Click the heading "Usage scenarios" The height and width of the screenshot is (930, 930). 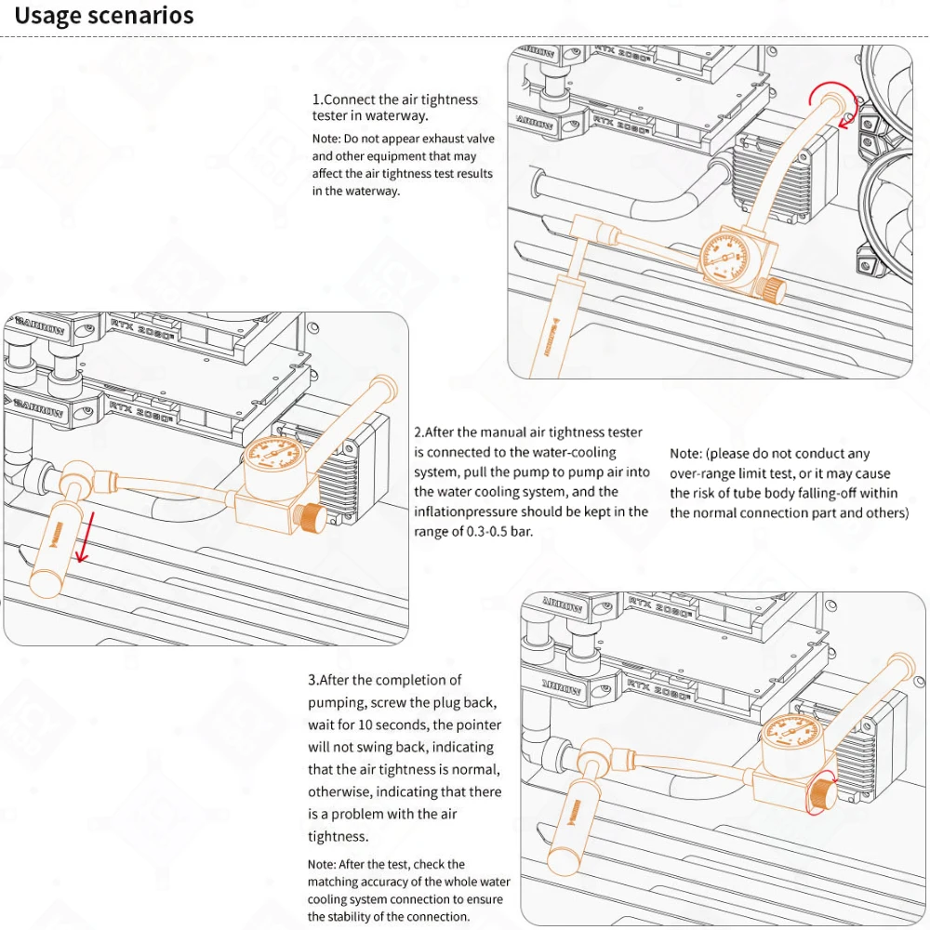(104, 16)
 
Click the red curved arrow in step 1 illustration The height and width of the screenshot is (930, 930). (831, 103)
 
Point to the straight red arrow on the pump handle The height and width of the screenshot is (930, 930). (84, 541)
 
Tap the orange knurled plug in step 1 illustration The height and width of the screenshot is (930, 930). (770, 290)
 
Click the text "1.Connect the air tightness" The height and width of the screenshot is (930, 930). (395, 100)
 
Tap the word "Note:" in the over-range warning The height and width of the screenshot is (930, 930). (686, 454)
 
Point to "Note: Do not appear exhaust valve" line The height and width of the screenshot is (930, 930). (403, 139)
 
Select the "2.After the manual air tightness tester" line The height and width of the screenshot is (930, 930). (527, 432)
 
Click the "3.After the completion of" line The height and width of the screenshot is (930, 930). (384, 681)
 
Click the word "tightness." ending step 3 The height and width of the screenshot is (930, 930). (339, 837)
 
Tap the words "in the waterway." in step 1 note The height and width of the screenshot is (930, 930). (356, 191)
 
